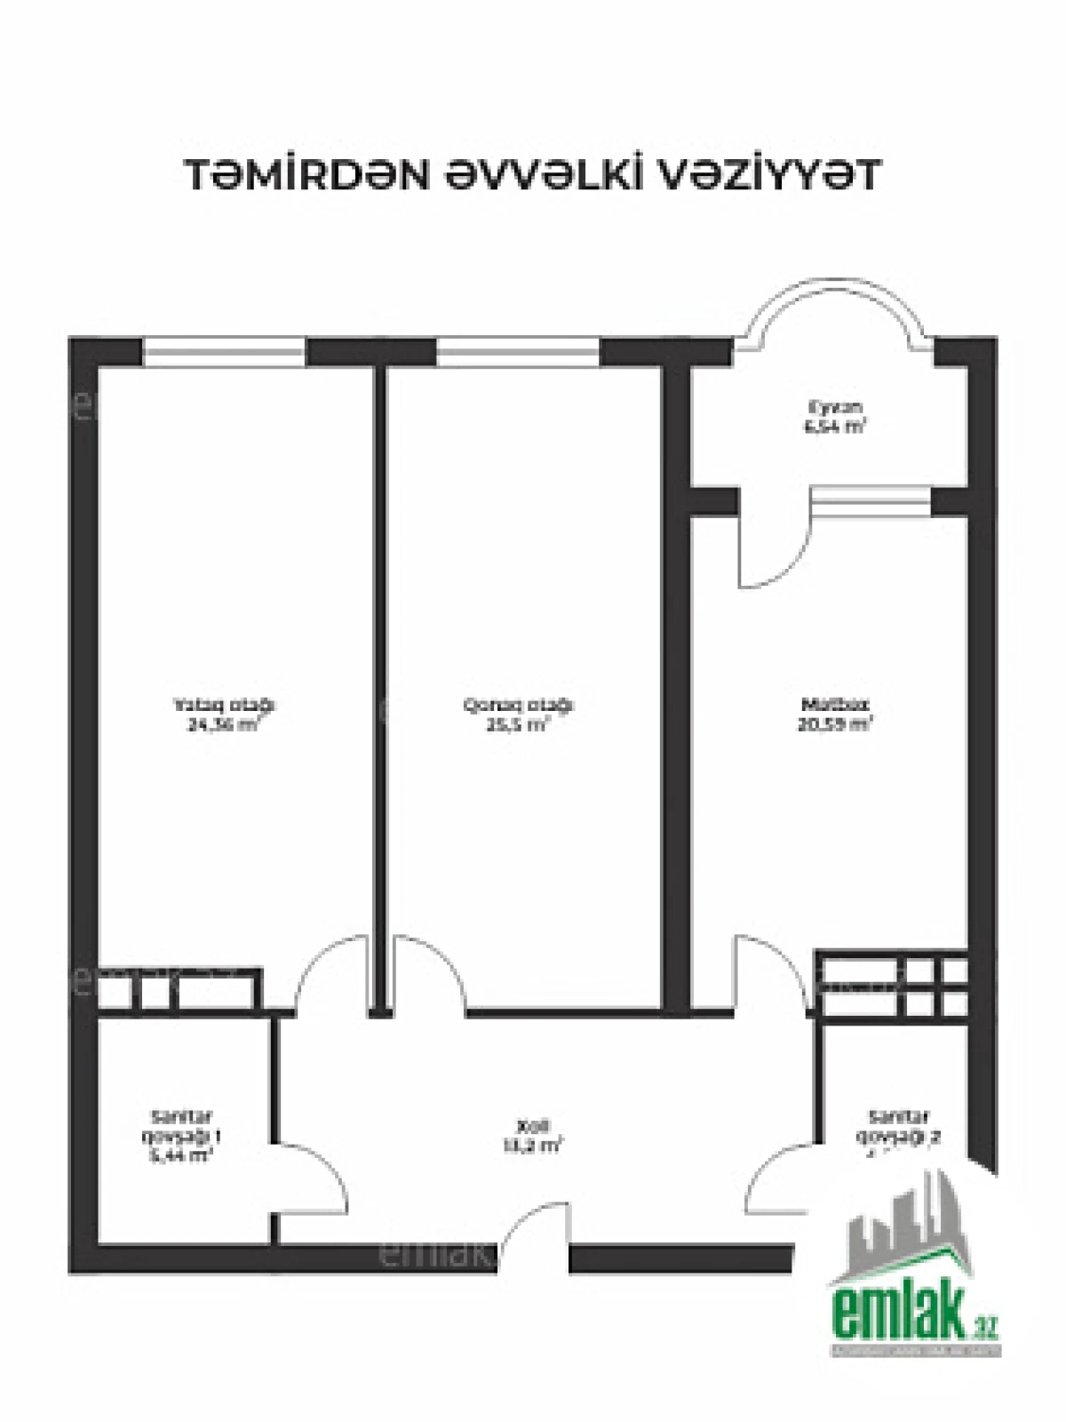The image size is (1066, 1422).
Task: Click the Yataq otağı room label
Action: pos(224,705)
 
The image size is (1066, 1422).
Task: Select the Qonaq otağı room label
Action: pos(519,705)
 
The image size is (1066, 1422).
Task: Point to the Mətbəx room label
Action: pos(833,705)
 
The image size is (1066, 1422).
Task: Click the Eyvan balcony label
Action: pos(835,407)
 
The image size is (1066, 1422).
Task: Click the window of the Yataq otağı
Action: pos(224,352)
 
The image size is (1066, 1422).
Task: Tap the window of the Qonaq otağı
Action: pos(518,352)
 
